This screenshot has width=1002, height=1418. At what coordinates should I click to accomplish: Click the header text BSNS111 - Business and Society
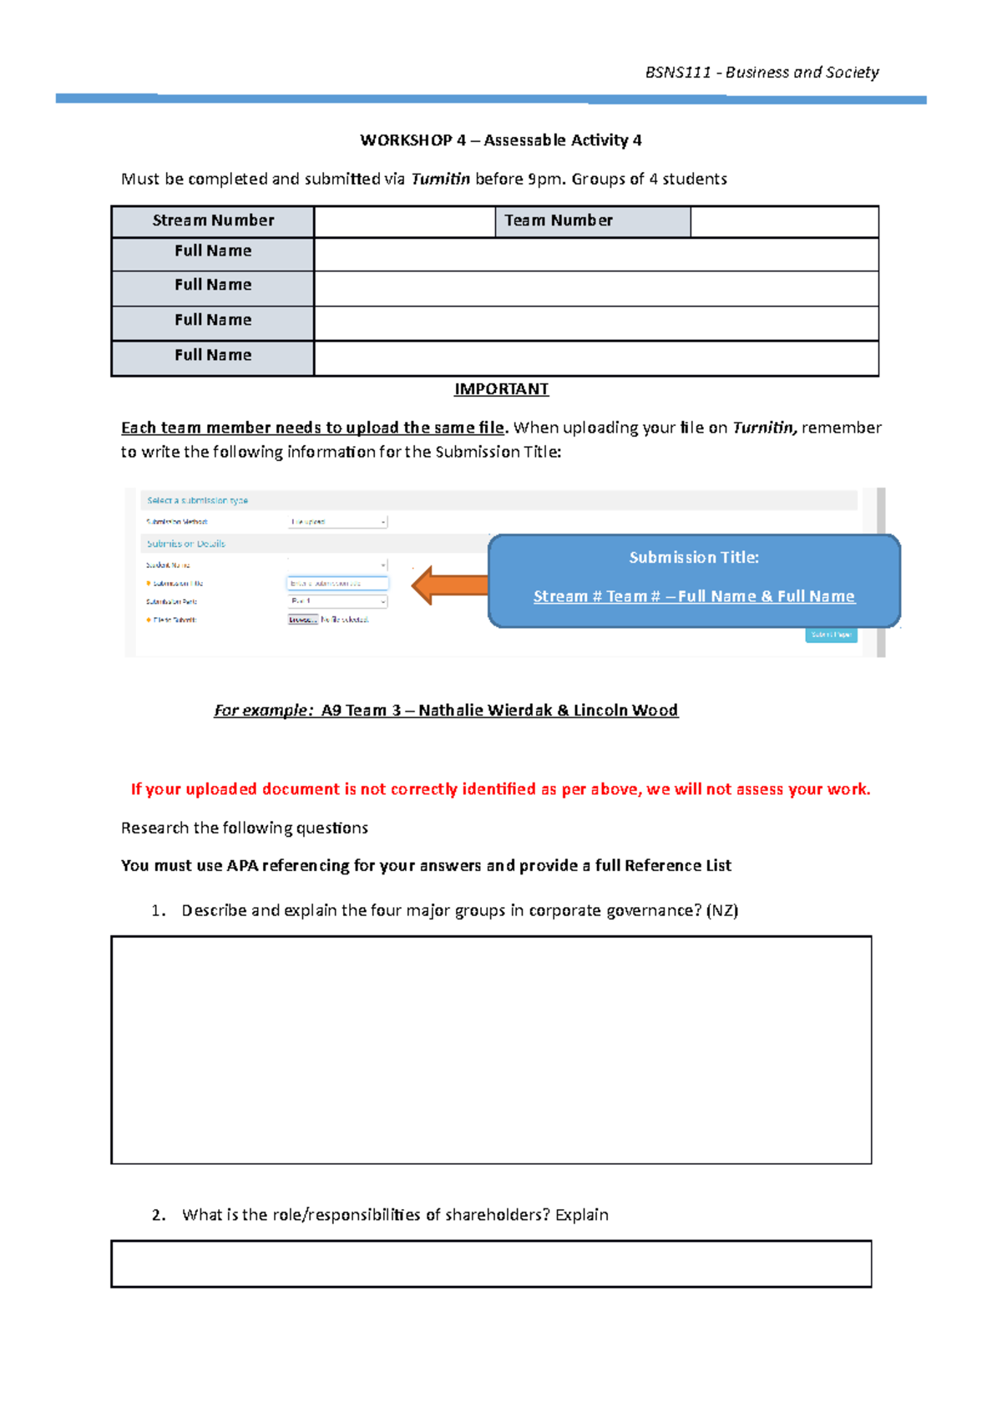762,73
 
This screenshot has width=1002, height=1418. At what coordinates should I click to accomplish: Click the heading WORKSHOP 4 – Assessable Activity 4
501,140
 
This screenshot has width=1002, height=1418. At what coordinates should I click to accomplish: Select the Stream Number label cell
213,220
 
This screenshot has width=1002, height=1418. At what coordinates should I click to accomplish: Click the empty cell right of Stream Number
404,221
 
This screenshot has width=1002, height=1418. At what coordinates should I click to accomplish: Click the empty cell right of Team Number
784,221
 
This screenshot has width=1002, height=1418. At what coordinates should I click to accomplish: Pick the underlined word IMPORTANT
501,389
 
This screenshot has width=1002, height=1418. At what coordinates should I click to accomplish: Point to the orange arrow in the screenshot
449,585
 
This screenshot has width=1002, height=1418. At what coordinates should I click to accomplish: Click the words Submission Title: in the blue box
694,558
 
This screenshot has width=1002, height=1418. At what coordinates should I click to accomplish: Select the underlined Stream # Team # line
694,596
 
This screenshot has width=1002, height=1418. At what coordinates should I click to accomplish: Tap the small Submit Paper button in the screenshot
831,635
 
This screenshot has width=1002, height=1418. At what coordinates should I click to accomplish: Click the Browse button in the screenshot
302,620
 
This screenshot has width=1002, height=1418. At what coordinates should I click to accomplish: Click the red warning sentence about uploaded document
501,789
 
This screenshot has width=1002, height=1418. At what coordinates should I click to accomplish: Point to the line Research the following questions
245,828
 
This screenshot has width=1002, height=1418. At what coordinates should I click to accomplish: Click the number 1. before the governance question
159,911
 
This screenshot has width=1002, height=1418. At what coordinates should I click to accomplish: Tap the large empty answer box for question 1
491,1050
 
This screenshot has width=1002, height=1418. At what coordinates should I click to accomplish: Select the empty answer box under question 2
491,1264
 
